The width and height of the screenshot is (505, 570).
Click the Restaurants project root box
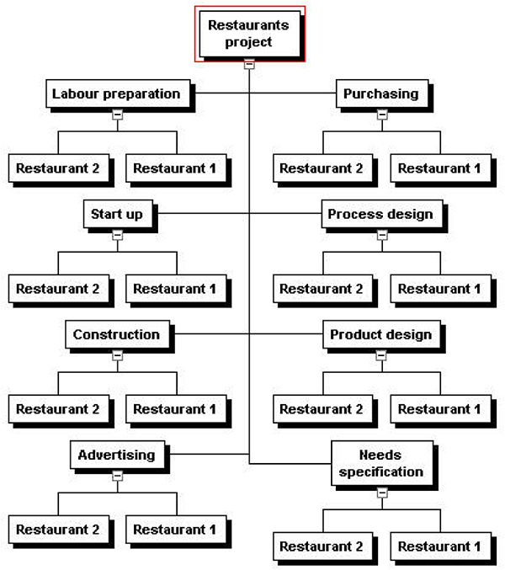pos(250,34)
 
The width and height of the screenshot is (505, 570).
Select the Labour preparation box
pos(118,93)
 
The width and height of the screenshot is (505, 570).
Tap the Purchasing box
pos(382,93)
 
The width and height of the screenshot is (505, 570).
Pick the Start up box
pos(118,214)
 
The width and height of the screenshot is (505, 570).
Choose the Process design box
pos(382,214)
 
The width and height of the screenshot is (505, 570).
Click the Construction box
pos(118,334)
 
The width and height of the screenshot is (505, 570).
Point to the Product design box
pos(382,334)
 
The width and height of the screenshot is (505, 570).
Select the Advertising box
pos(117,455)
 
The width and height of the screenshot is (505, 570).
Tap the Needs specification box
pos(382,463)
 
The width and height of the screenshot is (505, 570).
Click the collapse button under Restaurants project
pos(249,64)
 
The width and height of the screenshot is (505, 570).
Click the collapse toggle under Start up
pos(117,235)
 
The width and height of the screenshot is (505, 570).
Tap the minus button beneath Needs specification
pos(382,493)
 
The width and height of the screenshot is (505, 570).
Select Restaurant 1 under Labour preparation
pos(176,168)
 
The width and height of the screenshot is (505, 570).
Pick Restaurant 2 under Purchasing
pos(323,168)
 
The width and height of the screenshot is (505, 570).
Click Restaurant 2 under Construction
pos(59,409)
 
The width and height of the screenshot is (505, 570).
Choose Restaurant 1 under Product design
pos(441,409)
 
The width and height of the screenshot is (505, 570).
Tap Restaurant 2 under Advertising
pos(59,530)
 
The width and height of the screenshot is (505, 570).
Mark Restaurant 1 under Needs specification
pos(441,546)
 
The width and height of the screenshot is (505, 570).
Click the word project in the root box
pos(248,42)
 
